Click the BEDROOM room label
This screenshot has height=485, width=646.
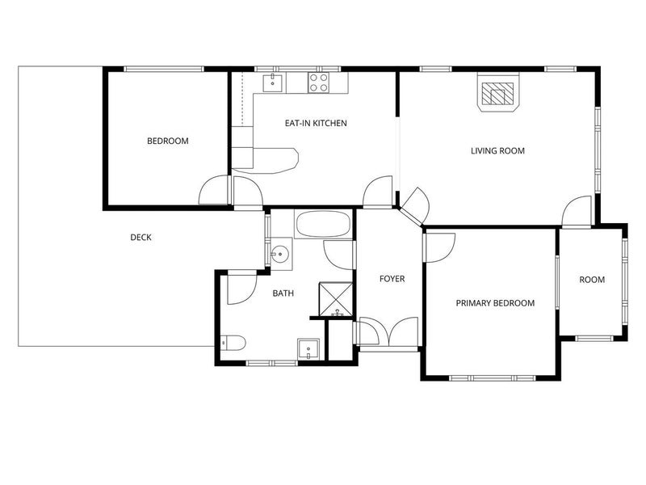tap(168, 141)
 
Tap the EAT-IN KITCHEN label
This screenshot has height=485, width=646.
tap(316, 123)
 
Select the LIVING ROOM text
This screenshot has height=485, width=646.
tap(497, 151)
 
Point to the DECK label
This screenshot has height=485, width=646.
tap(141, 237)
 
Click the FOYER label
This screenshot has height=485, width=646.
tap(392, 279)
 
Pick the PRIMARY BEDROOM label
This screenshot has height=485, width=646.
tap(495, 303)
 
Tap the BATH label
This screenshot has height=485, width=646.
tap(283, 293)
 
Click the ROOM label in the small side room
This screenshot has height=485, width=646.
tap(592, 280)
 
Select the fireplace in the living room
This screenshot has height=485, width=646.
tap(498, 92)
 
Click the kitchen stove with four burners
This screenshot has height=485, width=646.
tap(319, 82)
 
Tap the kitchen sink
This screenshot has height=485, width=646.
tap(273, 83)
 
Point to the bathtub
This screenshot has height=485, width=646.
tap(324, 224)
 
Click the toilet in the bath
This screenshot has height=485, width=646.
tap(233, 343)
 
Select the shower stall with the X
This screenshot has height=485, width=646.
tap(336, 299)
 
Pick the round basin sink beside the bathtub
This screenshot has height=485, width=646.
tap(281, 254)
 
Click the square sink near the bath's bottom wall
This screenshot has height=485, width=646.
tap(308, 350)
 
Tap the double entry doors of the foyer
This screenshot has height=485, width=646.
tap(389, 331)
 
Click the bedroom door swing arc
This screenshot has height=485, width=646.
tap(213, 190)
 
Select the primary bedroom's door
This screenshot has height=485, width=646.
tap(441, 248)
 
